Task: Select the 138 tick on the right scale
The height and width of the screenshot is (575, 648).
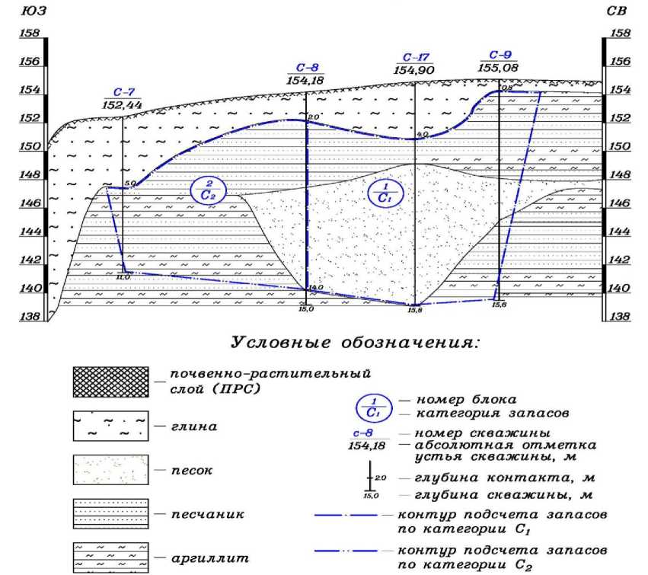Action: click(621, 316)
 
